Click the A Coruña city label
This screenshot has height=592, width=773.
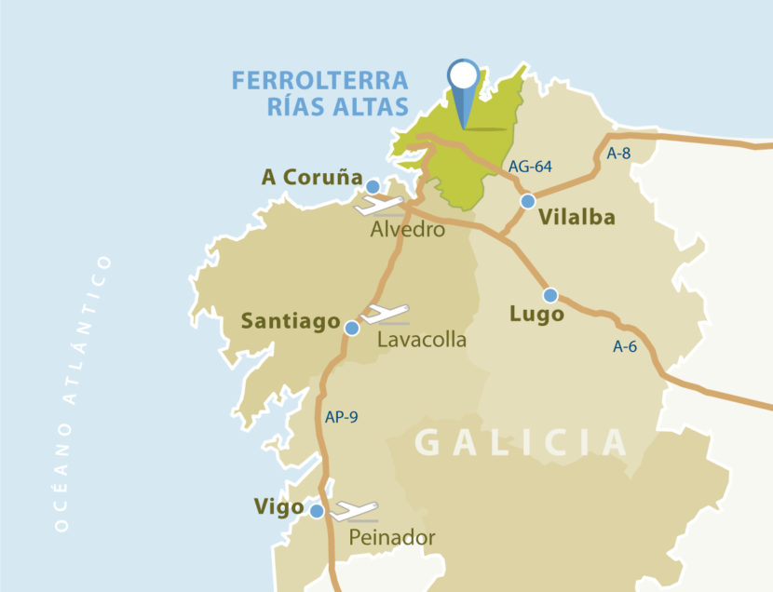(310, 177)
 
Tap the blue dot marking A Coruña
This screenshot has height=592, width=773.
(373, 186)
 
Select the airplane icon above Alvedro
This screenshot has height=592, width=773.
(379, 206)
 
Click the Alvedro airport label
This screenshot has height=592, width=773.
(407, 229)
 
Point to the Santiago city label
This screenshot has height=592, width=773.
(290, 321)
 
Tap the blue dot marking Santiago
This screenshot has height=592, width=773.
(352, 328)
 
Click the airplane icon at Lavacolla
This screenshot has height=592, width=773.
(385, 314)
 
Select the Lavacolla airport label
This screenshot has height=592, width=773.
(422, 340)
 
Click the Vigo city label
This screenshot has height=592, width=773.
(278, 507)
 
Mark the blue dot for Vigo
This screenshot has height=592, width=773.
(317, 511)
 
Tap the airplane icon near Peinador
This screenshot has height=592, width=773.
(355, 511)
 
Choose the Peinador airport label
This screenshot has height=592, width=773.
(392, 537)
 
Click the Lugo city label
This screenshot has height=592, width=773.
(537, 315)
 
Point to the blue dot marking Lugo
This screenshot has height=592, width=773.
(550, 295)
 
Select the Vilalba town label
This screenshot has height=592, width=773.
(576, 217)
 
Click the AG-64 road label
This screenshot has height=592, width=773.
(530, 167)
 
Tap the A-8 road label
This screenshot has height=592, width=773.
(618, 154)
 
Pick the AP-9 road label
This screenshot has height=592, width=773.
(341, 417)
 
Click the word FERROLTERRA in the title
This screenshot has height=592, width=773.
(320, 80)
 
